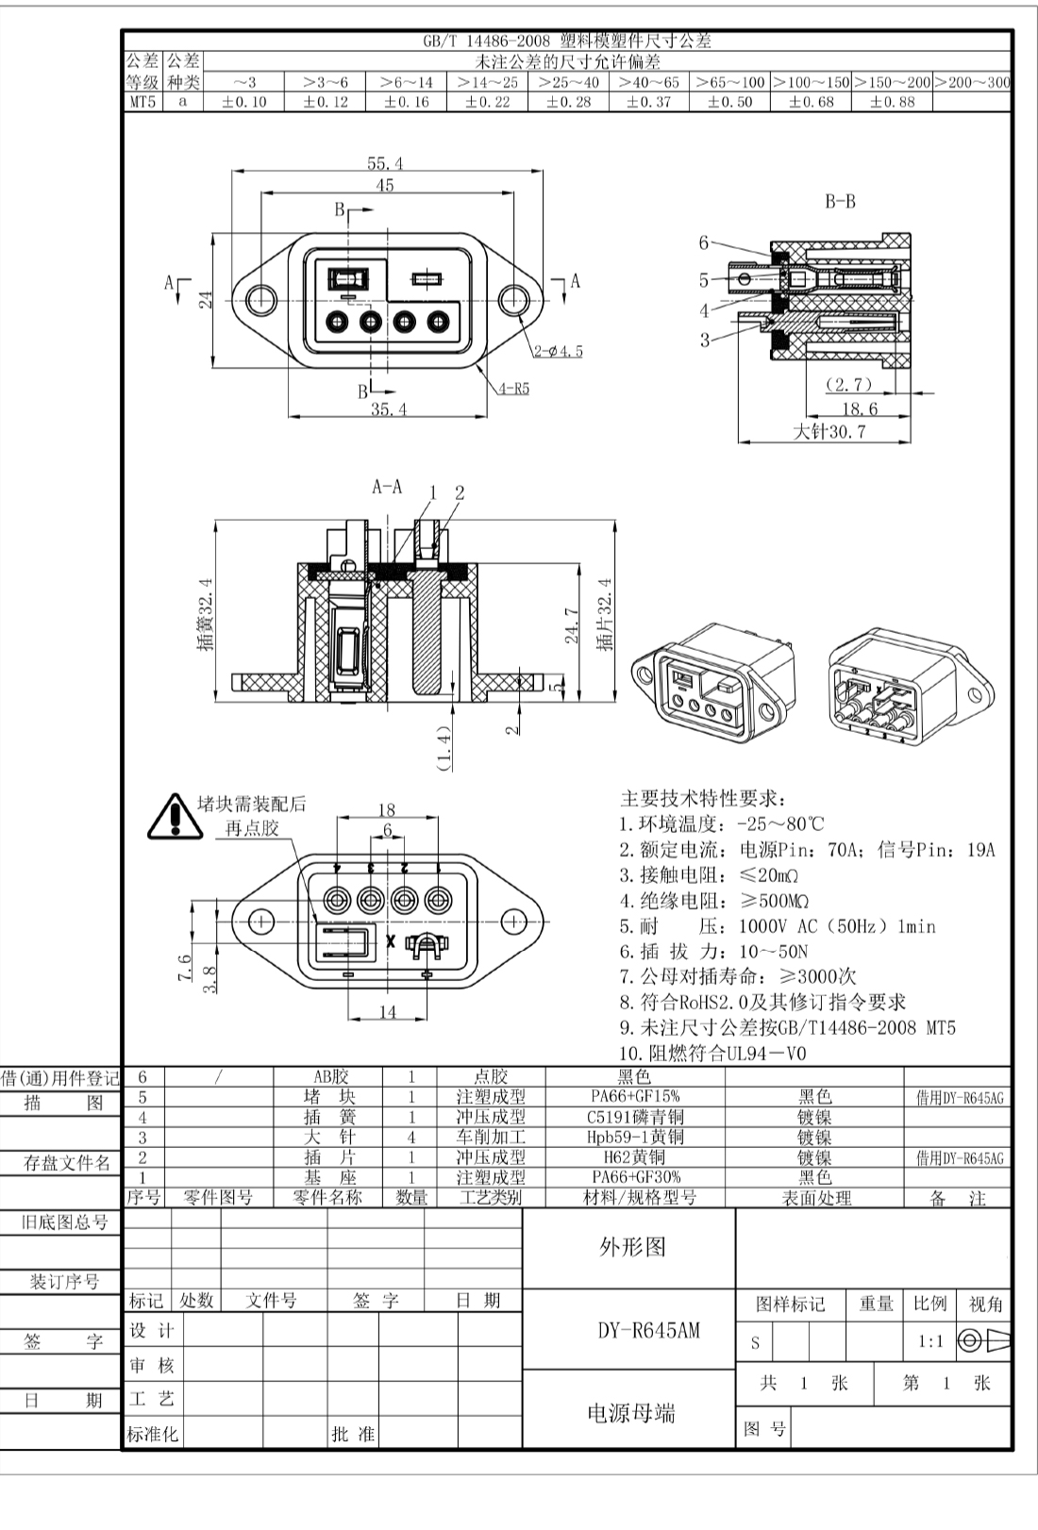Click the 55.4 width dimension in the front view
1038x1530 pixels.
pyautogui.click(x=385, y=163)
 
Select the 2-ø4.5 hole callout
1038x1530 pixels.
pyautogui.click(x=558, y=352)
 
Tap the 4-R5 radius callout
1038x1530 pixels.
pyautogui.click(x=514, y=389)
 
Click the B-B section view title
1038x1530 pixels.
pyautogui.click(x=840, y=202)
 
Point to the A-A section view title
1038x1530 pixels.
pyautogui.click(x=387, y=487)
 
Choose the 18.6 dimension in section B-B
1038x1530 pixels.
pyautogui.click(x=859, y=408)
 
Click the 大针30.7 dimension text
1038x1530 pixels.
pyautogui.click(x=829, y=431)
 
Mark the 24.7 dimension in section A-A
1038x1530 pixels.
pyautogui.click(x=573, y=625)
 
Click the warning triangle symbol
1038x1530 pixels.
pyautogui.click(x=175, y=817)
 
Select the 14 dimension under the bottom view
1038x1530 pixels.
pyautogui.click(x=388, y=1012)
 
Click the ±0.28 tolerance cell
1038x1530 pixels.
pyautogui.click(x=568, y=102)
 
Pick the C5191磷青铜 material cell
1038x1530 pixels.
pyautogui.click(x=635, y=1117)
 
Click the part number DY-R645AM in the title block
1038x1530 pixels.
pyautogui.click(x=648, y=1330)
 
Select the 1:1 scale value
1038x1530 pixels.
pyautogui.click(x=930, y=1341)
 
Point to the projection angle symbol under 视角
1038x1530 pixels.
pyautogui.click(x=984, y=1341)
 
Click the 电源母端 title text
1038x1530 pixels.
pyautogui.click(x=631, y=1412)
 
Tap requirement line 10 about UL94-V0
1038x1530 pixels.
pyautogui.click(x=712, y=1053)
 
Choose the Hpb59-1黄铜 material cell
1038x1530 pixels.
pyautogui.click(x=635, y=1138)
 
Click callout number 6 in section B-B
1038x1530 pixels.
pyautogui.click(x=704, y=242)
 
